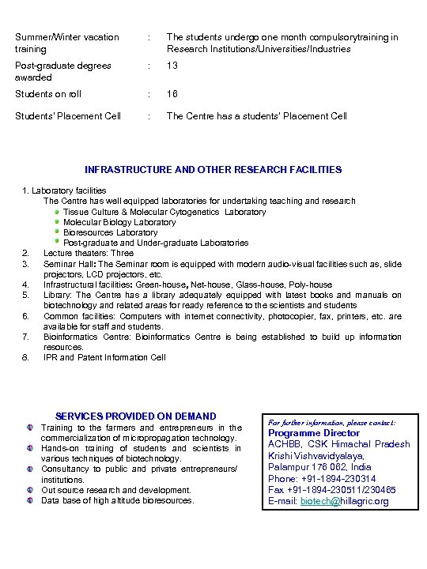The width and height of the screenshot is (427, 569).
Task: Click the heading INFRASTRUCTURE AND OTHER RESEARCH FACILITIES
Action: (213, 169)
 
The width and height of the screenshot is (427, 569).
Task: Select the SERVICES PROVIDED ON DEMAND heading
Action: (136, 416)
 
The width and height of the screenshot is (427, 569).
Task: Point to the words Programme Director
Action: (314, 433)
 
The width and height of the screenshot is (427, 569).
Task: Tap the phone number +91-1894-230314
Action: (323, 479)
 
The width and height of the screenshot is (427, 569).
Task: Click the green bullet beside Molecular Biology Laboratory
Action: (58, 222)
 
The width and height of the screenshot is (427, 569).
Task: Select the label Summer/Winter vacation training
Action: (67, 43)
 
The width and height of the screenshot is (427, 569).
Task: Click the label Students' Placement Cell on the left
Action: (69, 116)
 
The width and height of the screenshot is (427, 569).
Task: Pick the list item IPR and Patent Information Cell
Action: (104, 357)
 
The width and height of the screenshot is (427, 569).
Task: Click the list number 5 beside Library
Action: (26, 295)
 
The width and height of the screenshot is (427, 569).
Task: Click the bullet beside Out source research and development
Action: (30, 490)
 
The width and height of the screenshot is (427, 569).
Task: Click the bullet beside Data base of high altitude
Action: (30, 500)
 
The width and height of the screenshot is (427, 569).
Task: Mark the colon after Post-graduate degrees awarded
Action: (149, 66)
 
